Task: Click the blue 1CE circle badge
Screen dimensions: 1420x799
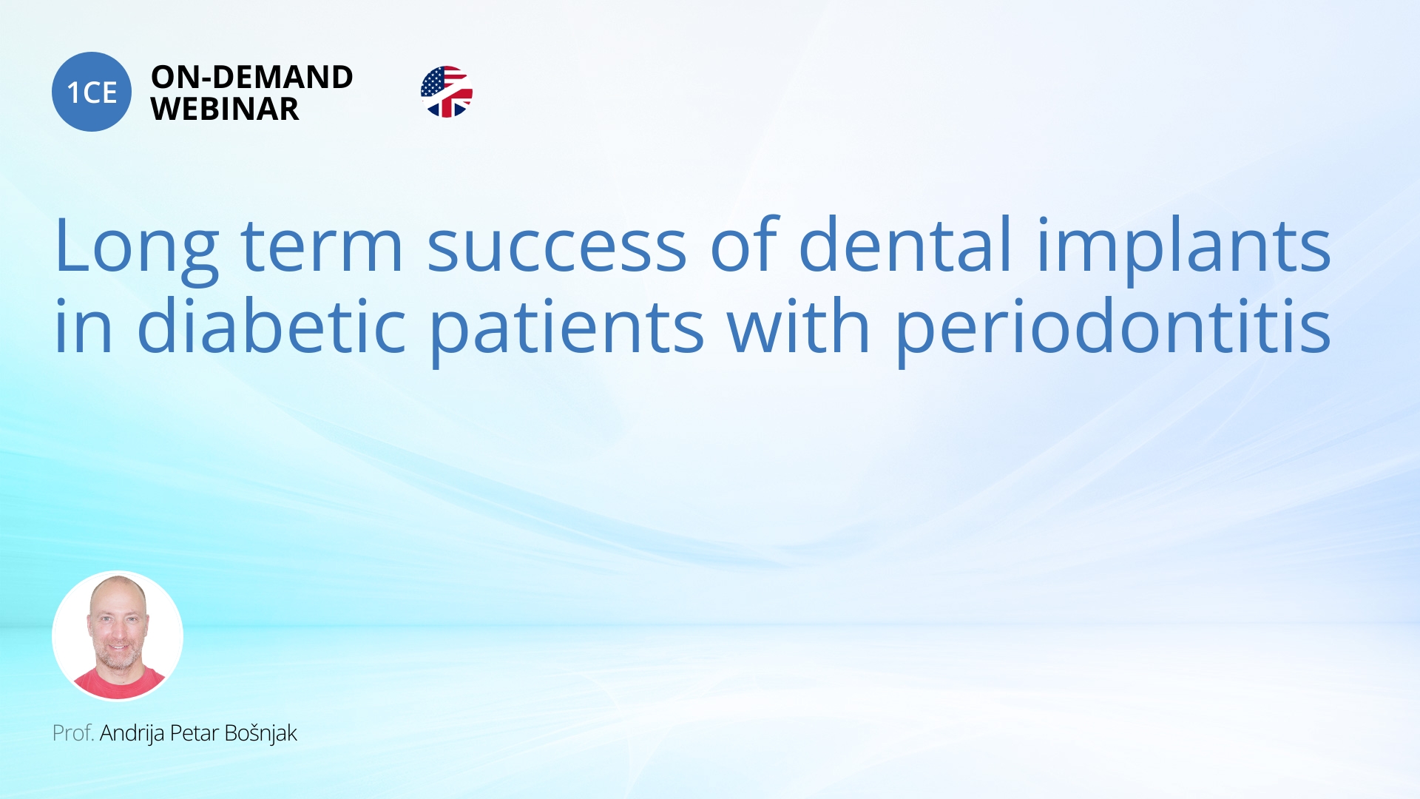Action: coord(92,92)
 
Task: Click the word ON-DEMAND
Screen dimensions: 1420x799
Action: coord(252,77)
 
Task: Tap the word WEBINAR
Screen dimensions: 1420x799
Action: coord(225,109)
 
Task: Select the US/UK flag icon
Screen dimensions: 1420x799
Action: coord(447,92)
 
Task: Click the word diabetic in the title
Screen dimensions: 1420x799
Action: coord(271,325)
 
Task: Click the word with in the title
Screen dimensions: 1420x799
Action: coord(799,325)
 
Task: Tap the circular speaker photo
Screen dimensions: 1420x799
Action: coord(118,636)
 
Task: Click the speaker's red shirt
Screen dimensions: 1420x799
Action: coord(118,684)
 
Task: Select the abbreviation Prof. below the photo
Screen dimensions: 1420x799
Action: coord(73,733)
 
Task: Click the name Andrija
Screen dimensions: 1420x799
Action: coord(132,734)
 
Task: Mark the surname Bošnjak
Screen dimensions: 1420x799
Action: coord(260,734)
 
